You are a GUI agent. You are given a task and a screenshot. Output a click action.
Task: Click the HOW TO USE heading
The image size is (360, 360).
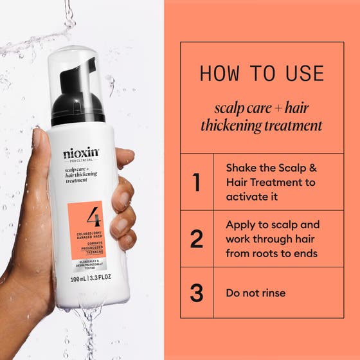[x=260, y=73]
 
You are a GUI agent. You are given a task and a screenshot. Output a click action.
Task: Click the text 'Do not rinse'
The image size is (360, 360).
[x=255, y=293]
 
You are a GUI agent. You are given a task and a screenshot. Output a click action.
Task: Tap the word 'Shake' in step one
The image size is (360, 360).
[x=242, y=168]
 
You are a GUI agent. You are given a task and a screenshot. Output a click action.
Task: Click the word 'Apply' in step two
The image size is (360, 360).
[x=241, y=224]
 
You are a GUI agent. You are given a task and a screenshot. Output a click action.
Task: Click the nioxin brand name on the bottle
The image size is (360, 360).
[x=82, y=154]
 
